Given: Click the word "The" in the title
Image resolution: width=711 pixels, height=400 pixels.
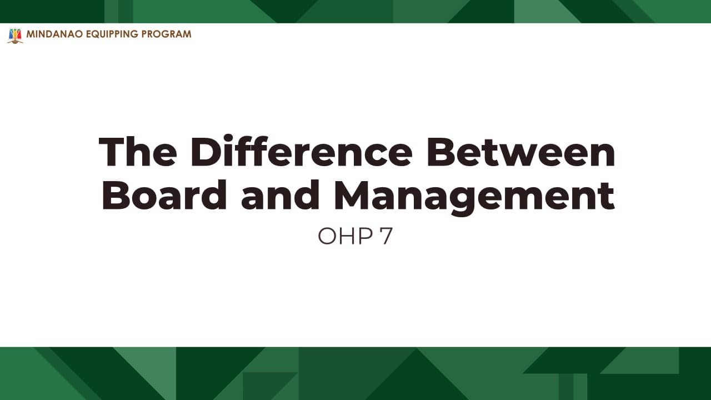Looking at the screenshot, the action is coord(138,152).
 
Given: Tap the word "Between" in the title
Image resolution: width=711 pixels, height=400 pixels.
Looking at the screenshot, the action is coord(521,152).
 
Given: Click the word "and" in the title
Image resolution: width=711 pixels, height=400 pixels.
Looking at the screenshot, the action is coord(280,194).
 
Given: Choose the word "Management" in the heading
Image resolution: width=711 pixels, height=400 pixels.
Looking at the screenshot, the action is coord(474,197).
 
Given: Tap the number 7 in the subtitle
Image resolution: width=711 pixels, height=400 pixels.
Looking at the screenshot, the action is coord(386,236).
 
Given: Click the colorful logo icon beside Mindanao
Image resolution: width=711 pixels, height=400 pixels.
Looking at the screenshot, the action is coord(15,36).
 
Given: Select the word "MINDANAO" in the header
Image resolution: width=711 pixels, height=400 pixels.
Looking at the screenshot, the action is coord(54,34).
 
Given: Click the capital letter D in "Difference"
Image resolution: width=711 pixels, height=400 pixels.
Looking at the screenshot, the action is coord(206,152).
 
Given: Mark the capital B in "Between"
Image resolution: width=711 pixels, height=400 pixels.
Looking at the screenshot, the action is coord(441,152).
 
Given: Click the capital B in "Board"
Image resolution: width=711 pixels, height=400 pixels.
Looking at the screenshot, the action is coord(117,194).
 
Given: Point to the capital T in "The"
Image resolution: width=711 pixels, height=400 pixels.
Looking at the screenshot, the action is coord(112,152).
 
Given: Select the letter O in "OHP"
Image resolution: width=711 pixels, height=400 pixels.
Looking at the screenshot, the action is coord(327,236).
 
